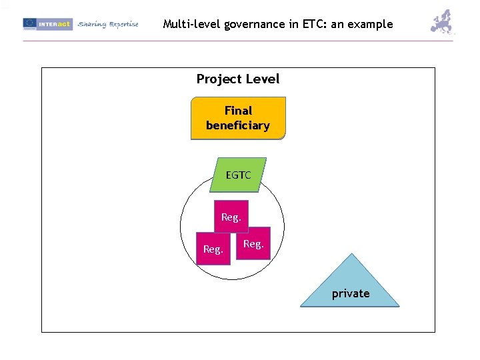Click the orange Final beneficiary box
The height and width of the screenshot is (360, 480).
pyautogui.click(x=238, y=118)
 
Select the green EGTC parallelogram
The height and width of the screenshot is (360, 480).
pyautogui.click(x=238, y=175)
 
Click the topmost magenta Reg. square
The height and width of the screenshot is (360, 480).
pyautogui.click(x=231, y=217)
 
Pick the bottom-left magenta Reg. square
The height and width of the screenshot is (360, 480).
pyautogui.click(x=213, y=249)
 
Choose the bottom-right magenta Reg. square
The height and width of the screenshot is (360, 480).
pyautogui.click(x=254, y=244)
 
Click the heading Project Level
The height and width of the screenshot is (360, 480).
pyautogui.click(x=238, y=79)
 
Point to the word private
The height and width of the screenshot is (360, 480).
pyautogui.click(x=351, y=293)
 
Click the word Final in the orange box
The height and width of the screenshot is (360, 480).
pyautogui.click(x=238, y=111)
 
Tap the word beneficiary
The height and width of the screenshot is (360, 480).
pyautogui.click(x=238, y=125)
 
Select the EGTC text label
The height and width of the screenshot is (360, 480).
pyautogui.click(x=238, y=175)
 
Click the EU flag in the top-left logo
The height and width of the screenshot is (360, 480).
pyautogui.click(x=29, y=24)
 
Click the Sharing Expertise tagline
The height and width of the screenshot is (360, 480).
pyautogui.click(x=108, y=24)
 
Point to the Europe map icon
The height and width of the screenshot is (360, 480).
pyautogui.click(x=442, y=22)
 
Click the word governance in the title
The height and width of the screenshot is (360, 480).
pyautogui.click(x=257, y=24)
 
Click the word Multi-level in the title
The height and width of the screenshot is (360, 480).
pyautogui.click(x=192, y=24)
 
